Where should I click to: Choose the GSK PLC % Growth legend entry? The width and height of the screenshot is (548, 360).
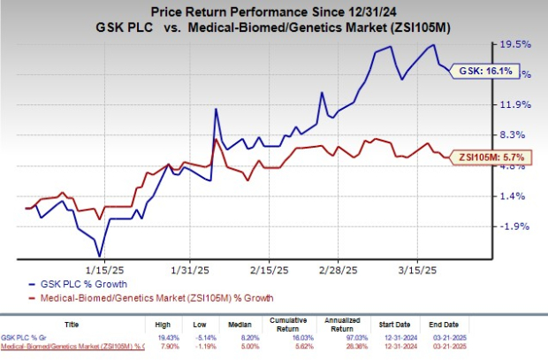click(x=83, y=285)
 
